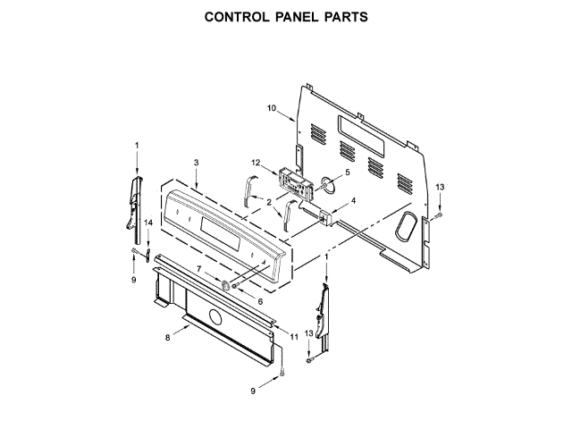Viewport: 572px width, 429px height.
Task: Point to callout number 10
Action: [x=272, y=108]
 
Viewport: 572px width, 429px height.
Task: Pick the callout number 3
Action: [x=196, y=162]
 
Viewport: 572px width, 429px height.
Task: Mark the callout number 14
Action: [x=149, y=221]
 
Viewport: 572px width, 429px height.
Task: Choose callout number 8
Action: [x=167, y=337]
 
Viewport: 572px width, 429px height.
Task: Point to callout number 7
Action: [x=199, y=269]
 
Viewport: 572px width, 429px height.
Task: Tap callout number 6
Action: [x=260, y=302]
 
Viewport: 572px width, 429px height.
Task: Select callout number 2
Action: [x=268, y=203]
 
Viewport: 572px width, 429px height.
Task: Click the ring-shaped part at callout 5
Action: [x=328, y=186]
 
